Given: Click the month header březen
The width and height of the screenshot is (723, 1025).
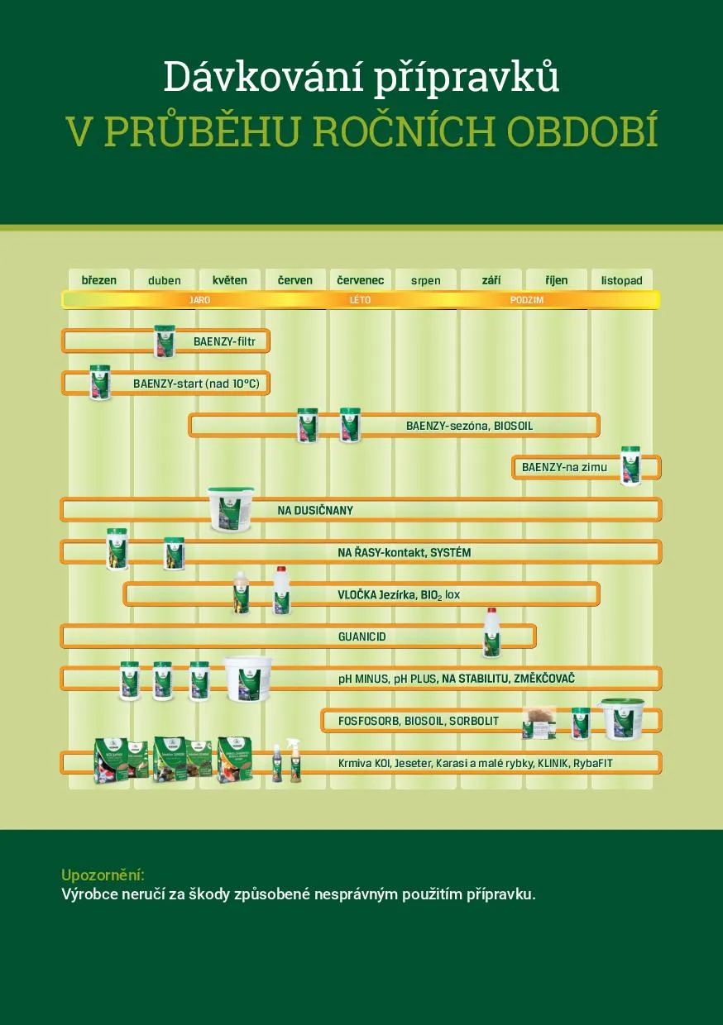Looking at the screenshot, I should click(x=99, y=280).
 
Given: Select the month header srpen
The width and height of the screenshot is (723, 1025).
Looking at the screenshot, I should click(x=426, y=281).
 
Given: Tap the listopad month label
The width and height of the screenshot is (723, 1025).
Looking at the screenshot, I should click(x=621, y=281).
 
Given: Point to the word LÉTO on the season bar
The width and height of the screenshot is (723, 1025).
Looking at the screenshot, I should click(x=360, y=300).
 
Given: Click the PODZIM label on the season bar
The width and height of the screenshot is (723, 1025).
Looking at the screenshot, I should click(x=527, y=300).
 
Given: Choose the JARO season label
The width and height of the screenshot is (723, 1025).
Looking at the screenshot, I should click(x=199, y=300).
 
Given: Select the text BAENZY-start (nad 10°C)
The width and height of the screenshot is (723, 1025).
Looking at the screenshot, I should click(x=201, y=384).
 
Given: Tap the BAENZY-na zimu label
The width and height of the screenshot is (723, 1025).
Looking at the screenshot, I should click(x=564, y=468).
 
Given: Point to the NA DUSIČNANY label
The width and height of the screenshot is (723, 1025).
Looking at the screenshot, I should click(x=315, y=511).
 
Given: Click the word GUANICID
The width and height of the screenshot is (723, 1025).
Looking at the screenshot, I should click(x=361, y=637).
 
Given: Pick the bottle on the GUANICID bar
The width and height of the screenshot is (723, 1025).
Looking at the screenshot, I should click(x=493, y=632).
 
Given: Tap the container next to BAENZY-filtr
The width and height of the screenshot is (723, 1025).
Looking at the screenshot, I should click(x=165, y=341).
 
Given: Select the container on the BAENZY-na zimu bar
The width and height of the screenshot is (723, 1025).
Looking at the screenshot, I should click(x=630, y=465).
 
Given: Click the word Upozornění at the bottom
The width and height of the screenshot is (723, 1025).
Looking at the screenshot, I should click(x=103, y=875).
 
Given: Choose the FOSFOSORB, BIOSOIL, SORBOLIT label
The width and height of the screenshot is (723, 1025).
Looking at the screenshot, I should click(x=418, y=722).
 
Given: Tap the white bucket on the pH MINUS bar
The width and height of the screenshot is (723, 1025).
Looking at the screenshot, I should click(x=247, y=678).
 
